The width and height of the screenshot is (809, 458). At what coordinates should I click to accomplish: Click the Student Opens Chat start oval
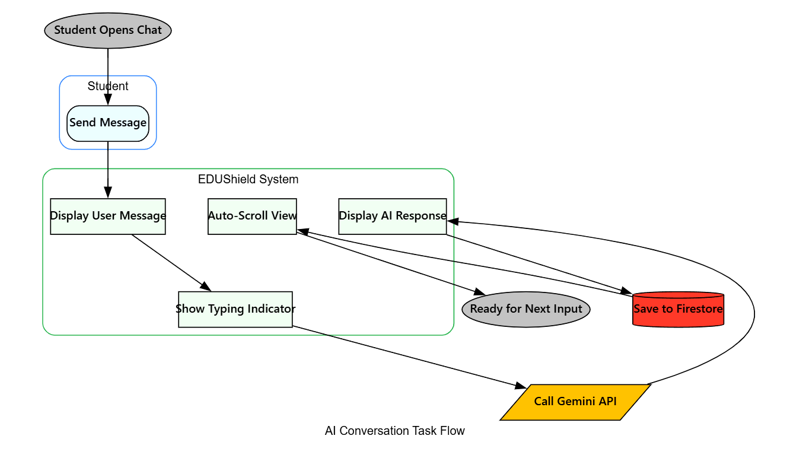point(108,30)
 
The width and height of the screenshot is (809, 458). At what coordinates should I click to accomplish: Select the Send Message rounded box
point(108,123)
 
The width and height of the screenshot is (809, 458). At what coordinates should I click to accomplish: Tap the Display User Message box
point(108,216)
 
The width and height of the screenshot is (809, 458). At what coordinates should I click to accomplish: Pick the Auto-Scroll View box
point(252,216)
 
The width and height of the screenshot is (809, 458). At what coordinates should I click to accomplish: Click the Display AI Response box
point(392,216)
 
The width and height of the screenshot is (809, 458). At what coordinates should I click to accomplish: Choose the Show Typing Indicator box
point(235,309)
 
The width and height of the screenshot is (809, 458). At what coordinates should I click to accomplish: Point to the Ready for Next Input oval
point(526,309)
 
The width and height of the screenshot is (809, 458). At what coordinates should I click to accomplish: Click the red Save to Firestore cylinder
point(678,309)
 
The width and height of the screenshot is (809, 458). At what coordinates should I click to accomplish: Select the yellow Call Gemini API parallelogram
point(575,402)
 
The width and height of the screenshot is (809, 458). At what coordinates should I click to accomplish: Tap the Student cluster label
point(108,86)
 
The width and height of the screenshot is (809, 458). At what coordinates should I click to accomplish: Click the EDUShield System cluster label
point(248,179)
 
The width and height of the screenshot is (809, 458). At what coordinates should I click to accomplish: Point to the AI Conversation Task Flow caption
point(394,431)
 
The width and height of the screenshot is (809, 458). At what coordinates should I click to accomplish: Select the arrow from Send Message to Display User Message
point(108,169)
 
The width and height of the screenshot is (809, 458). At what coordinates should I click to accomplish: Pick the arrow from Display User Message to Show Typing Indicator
point(169,262)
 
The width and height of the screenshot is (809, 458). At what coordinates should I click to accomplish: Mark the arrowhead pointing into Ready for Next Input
point(480,292)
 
